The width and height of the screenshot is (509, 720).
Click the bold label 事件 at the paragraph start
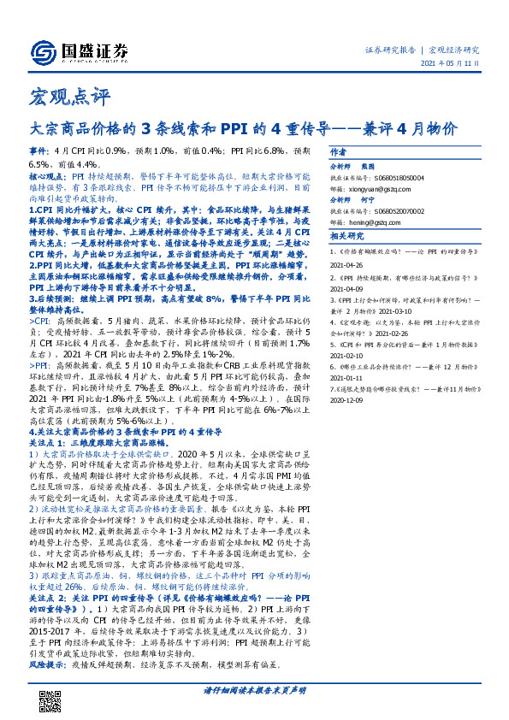pyautogui.click(x=38, y=149)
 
